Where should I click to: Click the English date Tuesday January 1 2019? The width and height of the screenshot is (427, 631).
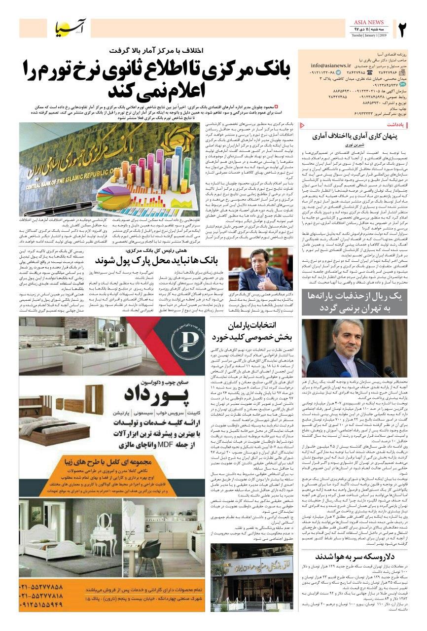click(x=370, y=35)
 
